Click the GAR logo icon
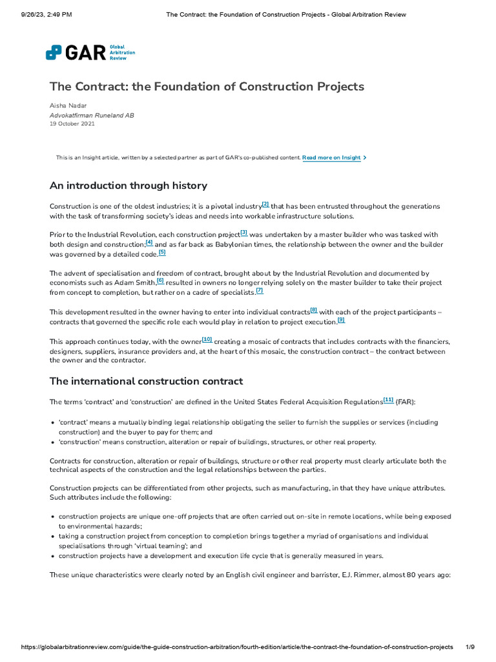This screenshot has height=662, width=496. coord(54,52)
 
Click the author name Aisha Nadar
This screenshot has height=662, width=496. coord(68,105)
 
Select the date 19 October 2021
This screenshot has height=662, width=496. coord(72,123)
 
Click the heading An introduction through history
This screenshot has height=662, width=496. coord(128,186)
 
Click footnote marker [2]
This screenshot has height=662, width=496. coord(265,204)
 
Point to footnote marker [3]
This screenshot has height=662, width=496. coord(243,232)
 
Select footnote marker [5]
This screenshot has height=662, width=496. coord(162,252)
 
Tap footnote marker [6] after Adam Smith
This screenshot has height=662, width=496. coord(160,281)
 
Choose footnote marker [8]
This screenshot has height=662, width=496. coord(314,310)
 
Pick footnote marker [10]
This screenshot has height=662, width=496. coord(207,339)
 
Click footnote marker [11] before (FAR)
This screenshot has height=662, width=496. coord(388,400)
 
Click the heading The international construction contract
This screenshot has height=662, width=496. coord(146,381)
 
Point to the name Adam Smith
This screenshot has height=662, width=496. coord(136,283)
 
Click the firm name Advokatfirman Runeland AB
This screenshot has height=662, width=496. coord(92,114)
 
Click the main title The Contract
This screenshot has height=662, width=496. coord(207,86)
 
